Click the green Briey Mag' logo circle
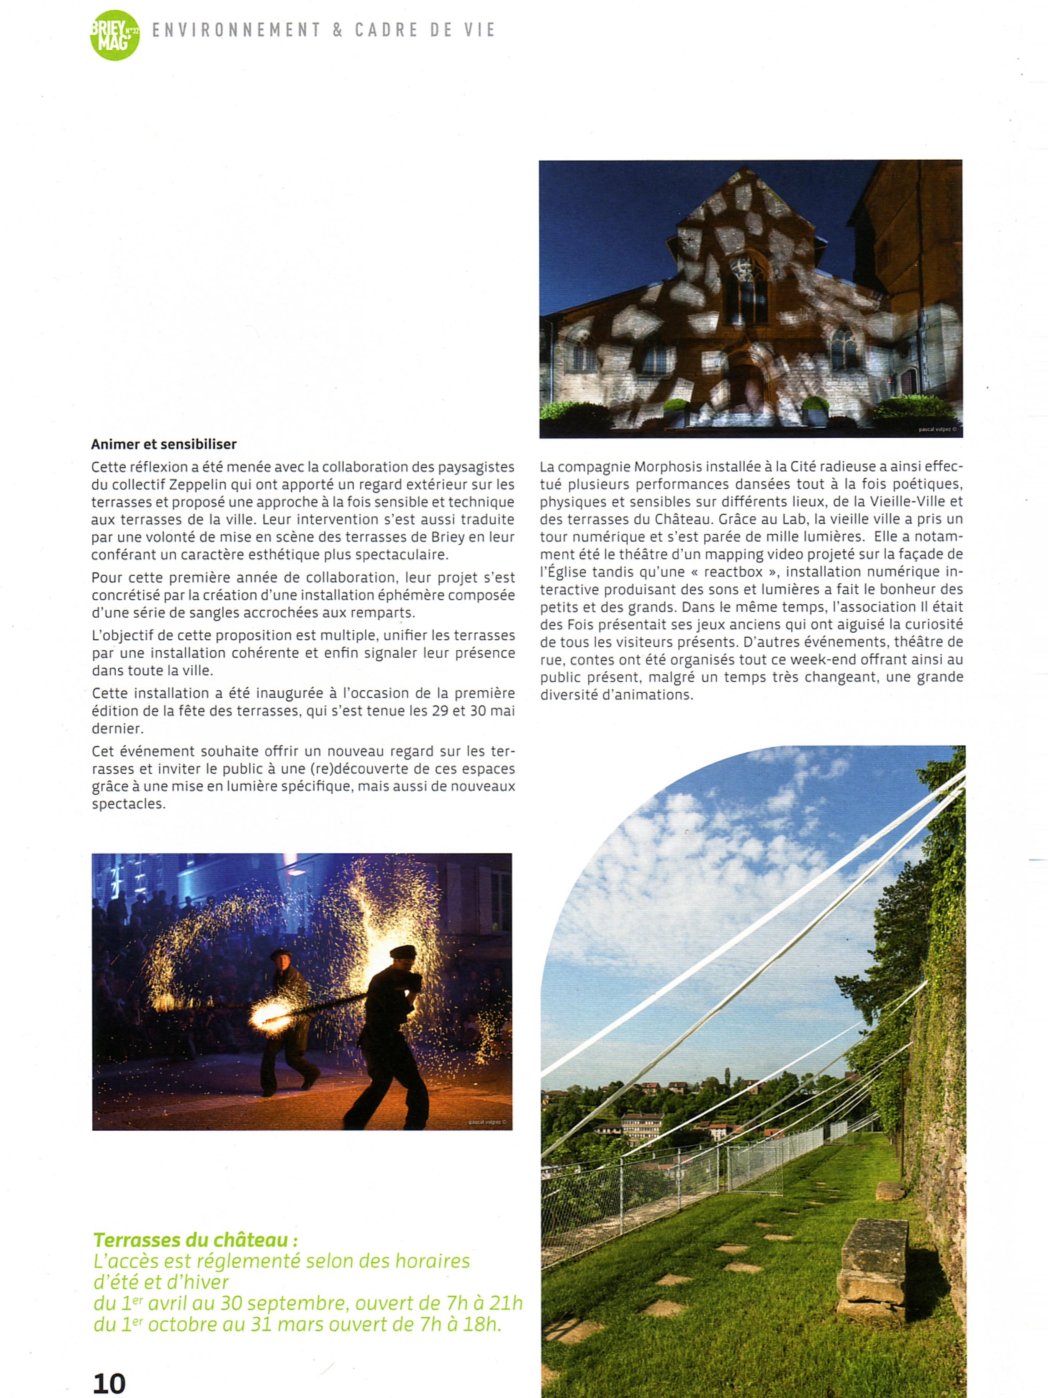[x=115, y=35]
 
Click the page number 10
[x=109, y=1383]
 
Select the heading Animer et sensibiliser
[x=164, y=444]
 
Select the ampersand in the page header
[x=337, y=30]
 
